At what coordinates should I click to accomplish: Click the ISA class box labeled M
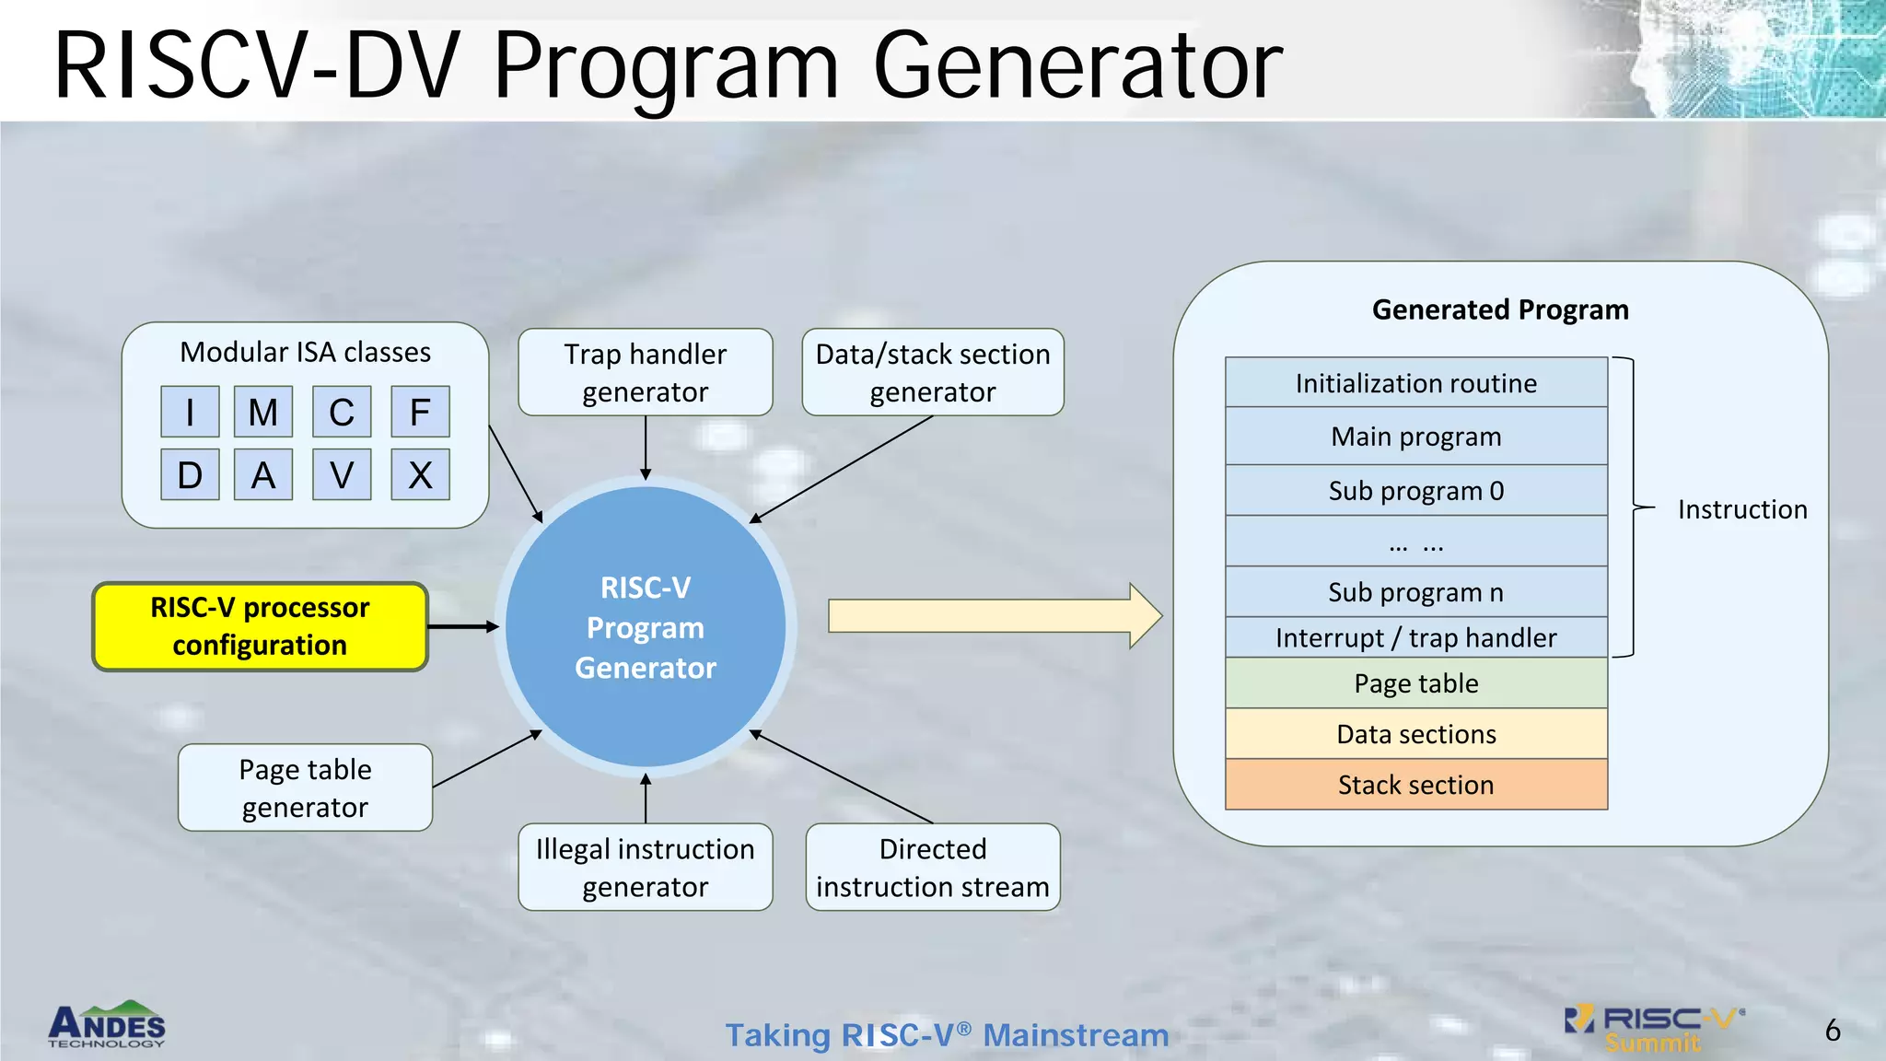tap(263, 412)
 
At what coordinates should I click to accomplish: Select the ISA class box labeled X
tap(420, 474)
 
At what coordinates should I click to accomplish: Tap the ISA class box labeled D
tap(190, 474)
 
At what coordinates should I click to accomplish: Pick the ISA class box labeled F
tap(420, 412)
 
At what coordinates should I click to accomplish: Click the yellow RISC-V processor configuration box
tap(260, 626)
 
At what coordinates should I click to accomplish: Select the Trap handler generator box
tap(645, 372)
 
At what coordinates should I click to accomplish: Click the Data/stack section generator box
tap(932, 372)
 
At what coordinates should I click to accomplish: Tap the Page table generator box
tap(305, 787)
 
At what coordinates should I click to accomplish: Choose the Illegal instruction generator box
tap(645, 867)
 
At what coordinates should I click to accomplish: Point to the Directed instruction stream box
tap(932, 867)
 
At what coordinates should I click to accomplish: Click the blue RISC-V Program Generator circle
tap(645, 626)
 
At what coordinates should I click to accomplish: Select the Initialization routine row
tap(1415, 382)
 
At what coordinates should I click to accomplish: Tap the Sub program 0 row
tap(1415, 490)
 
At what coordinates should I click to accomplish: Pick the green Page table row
tap(1415, 683)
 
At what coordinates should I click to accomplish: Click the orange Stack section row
tap(1415, 785)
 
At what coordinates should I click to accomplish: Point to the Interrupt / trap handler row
tap(1415, 637)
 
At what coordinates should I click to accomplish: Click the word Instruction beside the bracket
tap(1741, 509)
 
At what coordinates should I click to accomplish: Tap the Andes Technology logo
tap(107, 1025)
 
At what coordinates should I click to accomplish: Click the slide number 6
tap(1832, 1030)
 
